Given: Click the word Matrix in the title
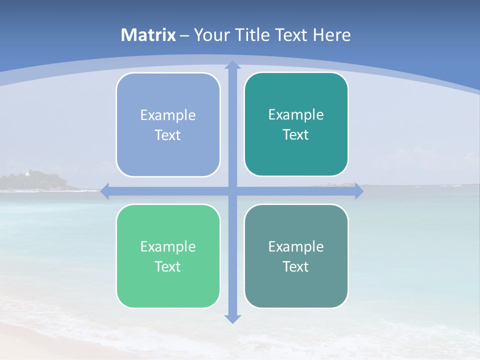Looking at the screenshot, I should click(x=148, y=35).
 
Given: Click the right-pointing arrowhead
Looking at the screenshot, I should click(x=359, y=191).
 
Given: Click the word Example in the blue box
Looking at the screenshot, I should click(x=168, y=115).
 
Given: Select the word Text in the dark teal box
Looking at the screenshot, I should click(x=295, y=135).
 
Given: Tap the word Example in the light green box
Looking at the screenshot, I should click(x=168, y=247).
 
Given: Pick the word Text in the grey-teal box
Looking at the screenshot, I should click(x=295, y=267).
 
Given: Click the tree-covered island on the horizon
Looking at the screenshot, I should click(x=40, y=181).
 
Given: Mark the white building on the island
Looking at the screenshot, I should click(x=27, y=173).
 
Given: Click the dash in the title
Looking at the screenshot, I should click(x=184, y=35).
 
